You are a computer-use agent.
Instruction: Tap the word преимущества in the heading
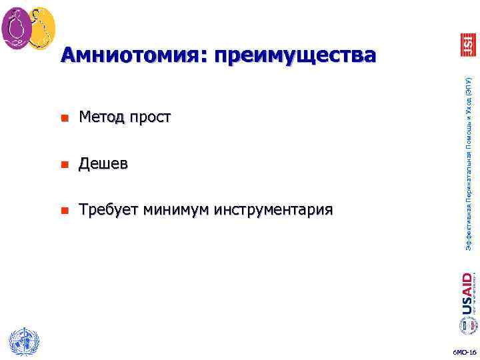(x=291, y=55)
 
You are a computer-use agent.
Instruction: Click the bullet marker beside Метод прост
(x=64, y=119)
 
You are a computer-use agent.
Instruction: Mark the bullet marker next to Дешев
(x=64, y=165)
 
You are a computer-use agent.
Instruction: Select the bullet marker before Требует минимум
(x=64, y=211)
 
